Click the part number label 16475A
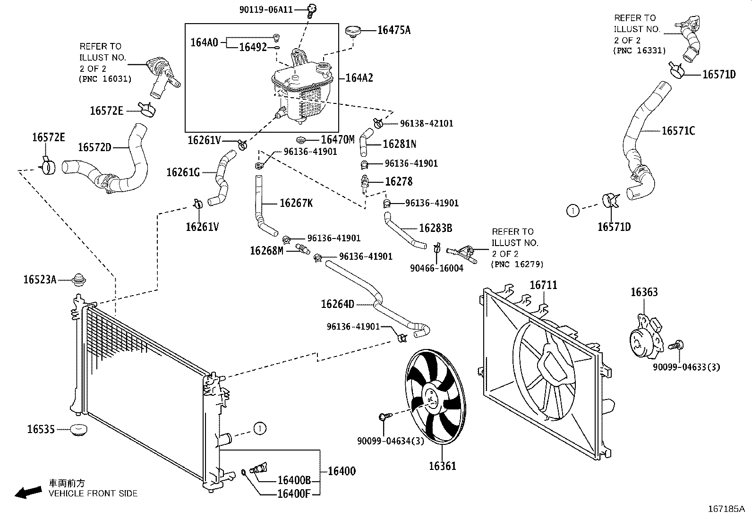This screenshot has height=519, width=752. point(393,30)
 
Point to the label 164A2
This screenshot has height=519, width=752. point(359,78)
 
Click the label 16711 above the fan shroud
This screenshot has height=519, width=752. point(543,285)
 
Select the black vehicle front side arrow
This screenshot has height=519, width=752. point(27,492)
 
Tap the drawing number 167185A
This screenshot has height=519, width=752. point(726,509)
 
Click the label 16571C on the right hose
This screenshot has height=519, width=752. point(678,131)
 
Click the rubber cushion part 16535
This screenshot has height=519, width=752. point(78,430)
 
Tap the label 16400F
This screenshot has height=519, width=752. point(293,494)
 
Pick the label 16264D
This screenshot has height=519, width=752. point(337,304)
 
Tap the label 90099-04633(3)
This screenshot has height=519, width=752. point(686,366)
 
